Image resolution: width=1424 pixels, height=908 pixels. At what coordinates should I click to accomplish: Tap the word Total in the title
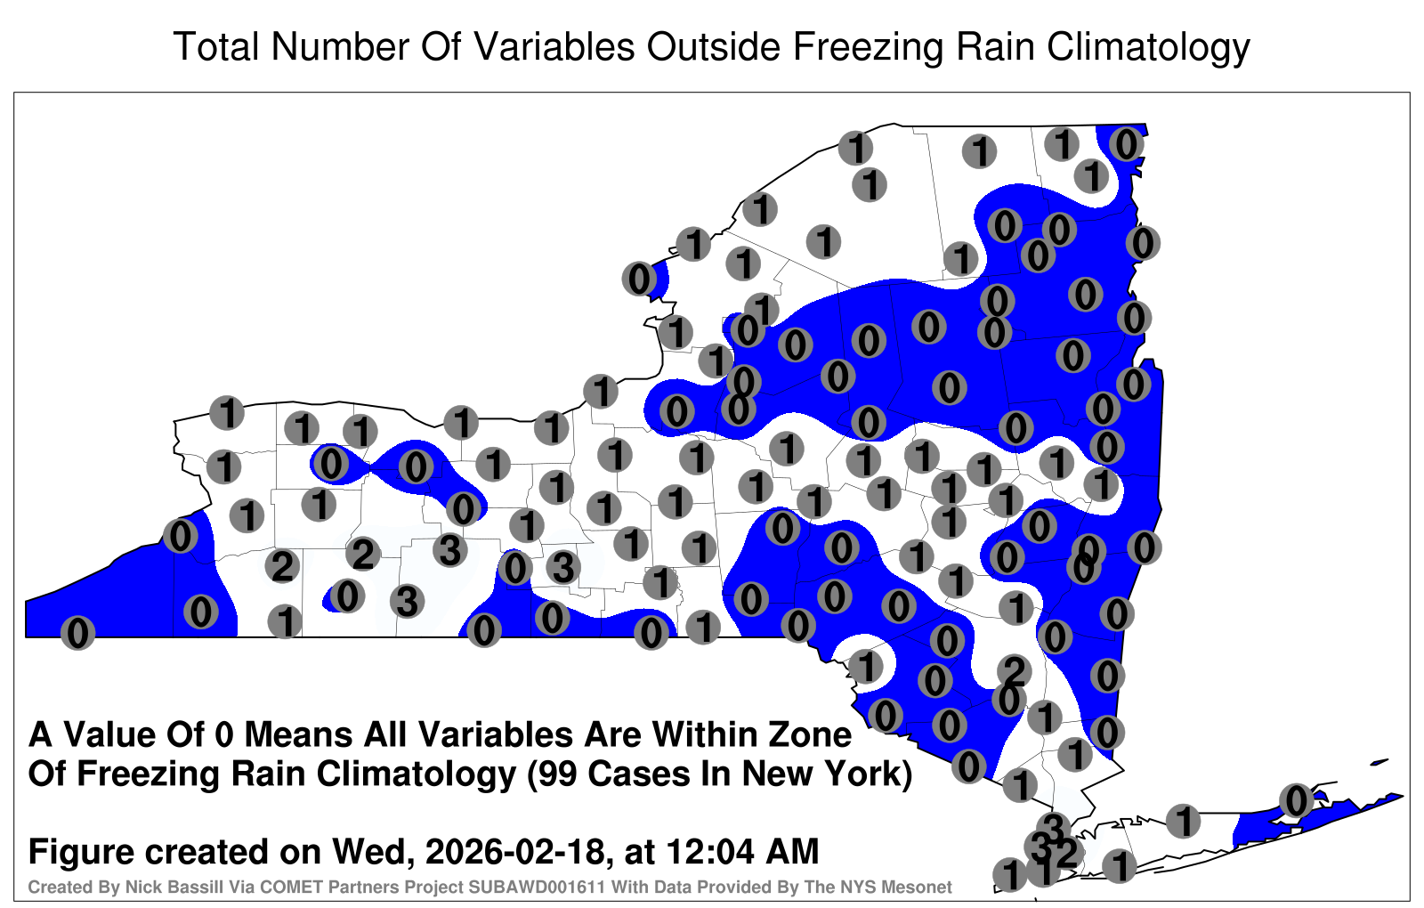coord(216,47)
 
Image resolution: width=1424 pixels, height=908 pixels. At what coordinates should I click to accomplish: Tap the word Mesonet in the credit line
coord(921,887)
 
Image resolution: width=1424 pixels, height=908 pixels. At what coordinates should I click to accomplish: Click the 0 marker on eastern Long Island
coord(1296,800)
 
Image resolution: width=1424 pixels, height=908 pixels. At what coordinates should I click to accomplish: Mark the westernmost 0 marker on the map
coord(77,633)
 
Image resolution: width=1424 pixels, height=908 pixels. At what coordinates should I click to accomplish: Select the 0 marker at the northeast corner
coord(1127,145)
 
